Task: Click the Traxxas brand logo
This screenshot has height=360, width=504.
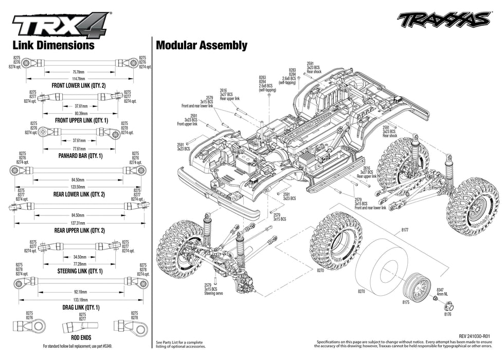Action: pos(443,20)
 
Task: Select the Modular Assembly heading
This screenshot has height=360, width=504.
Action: pos(201,45)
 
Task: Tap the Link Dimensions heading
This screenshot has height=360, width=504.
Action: pos(53,45)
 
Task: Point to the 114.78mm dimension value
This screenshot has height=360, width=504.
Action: pos(79,78)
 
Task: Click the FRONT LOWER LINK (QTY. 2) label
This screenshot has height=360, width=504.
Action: pos(79,85)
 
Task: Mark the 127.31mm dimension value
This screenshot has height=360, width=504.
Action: pos(79,223)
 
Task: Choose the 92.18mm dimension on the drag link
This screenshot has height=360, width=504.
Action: pos(79,291)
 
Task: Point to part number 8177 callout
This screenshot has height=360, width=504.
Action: pos(405,230)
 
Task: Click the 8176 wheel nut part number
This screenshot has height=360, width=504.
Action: pos(447,314)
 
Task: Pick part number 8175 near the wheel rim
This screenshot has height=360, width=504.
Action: pos(406,303)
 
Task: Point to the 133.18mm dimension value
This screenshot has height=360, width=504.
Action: pos(79,299)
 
